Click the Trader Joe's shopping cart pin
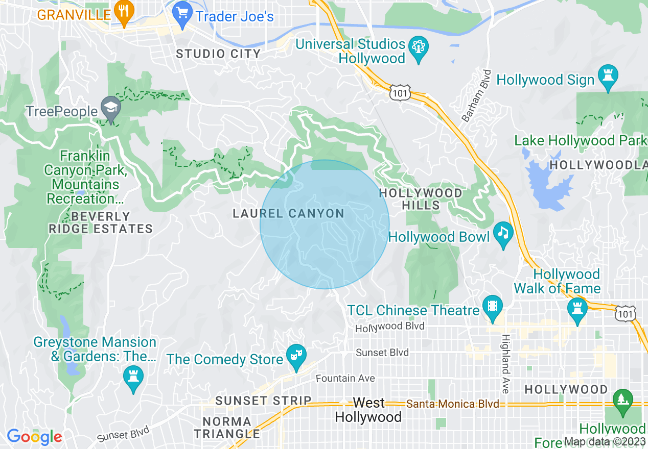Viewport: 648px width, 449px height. click(x=181, y=12)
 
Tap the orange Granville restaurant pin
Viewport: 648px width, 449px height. click(x=123, y=12)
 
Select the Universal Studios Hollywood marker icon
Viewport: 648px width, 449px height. click(x=419, y=47)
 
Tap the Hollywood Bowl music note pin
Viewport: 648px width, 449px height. click(x=503, y=234)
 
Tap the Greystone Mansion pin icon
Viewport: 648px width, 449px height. click(x=133, y=378)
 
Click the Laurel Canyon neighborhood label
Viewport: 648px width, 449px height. click(x=288, y=214)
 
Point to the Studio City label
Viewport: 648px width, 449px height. click(x=218, y=54)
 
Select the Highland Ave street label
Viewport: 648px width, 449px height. click(x=505, y=364)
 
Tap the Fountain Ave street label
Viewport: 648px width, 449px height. click(x=345, y=379)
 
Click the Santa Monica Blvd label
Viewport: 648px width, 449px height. click(x=452, y=404)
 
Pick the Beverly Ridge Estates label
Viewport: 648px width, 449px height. click(x=101, y=222)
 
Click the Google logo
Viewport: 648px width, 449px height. click(x=34, y=437)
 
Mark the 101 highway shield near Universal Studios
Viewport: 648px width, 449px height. click(x=399, y=92)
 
